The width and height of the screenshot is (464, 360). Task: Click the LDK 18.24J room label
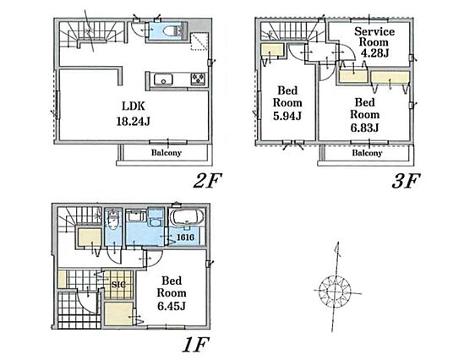pyautogui.click(x=134, y=113)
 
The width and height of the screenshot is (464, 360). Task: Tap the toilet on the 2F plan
pyautogui.click(x=175, y=30)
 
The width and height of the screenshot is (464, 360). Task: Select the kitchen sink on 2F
pyautogui.click(x=163, y=79)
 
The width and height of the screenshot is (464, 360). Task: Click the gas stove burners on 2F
pyautogui.click(x=198, y=79)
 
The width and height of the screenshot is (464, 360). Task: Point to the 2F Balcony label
pyautogui.click(x=166, y=153)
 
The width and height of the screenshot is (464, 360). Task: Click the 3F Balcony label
pyautogui.click(x=367, y=153)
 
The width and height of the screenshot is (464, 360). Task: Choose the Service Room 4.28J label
pyautogui.click(x=374, y=42)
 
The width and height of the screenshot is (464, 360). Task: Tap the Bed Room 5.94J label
pyautogui.click(x=287, y=103)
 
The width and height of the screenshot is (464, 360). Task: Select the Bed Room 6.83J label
pyautogui.click(x=364, y=115)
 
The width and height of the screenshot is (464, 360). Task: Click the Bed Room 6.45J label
pyautogui.click(x=172, y=293)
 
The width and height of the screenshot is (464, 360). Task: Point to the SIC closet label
pyautogui.click(x=118, y=285)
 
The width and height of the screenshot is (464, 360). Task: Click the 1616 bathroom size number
pyautogui.click(x=186, y=237)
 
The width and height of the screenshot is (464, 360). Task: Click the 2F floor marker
pyautogui.click(x=207, y=181)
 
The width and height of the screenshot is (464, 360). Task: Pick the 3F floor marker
pyautogui.click(x=406, y=181)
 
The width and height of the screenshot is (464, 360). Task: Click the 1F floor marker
pyautogui.click(x=196, y=345)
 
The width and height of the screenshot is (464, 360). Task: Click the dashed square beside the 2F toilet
pyautogui.click(x=199, y=41)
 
